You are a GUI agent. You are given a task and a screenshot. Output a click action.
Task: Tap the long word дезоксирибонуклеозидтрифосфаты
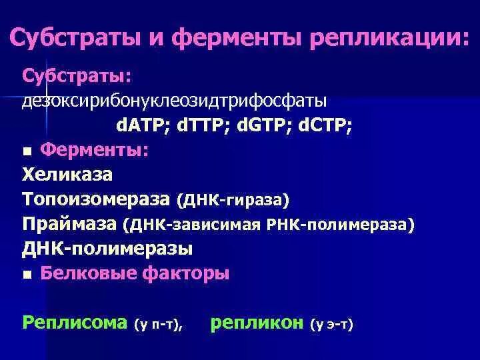(x=175, y=102)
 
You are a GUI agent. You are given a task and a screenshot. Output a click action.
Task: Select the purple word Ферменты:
(x=94, y=151)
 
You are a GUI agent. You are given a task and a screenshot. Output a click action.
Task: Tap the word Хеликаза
(x=67, y=175)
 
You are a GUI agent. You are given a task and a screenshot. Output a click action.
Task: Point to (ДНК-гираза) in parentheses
(x=233, y=200)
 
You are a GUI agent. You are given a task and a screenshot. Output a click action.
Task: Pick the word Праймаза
(x=69, y=224)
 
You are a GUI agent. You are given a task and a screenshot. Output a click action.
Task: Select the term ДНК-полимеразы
(x=107, y=249)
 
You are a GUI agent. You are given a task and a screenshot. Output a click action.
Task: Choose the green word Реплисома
(x=74, y=323)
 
